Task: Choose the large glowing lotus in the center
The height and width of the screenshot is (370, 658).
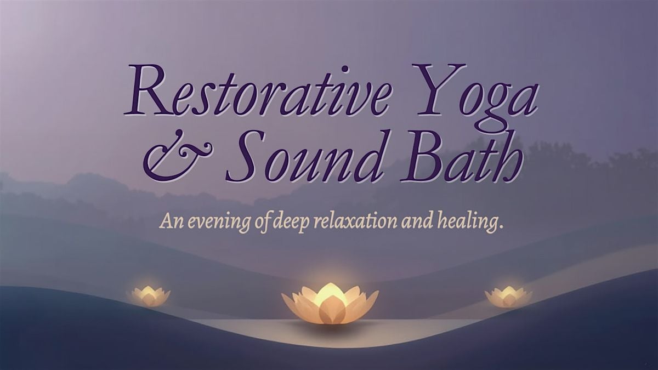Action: (330, 303)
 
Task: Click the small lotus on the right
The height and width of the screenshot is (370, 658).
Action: (508, 297)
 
